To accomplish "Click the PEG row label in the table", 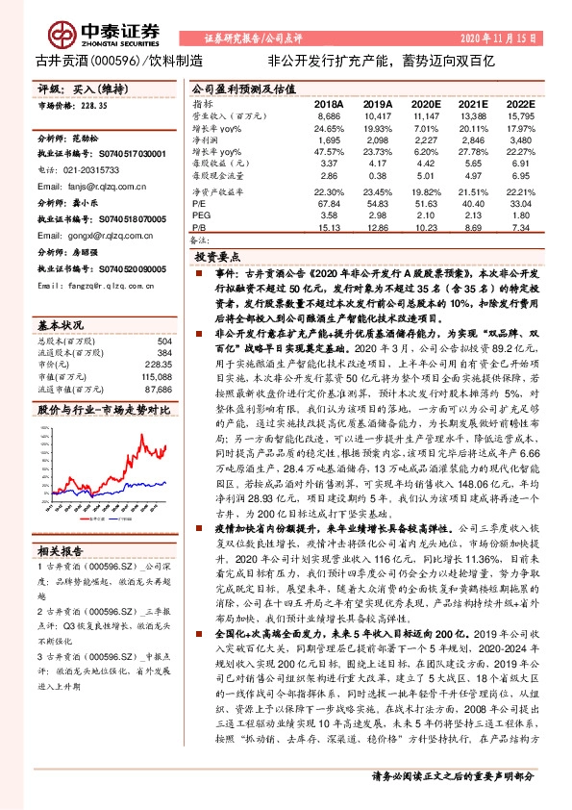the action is (201, 216).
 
